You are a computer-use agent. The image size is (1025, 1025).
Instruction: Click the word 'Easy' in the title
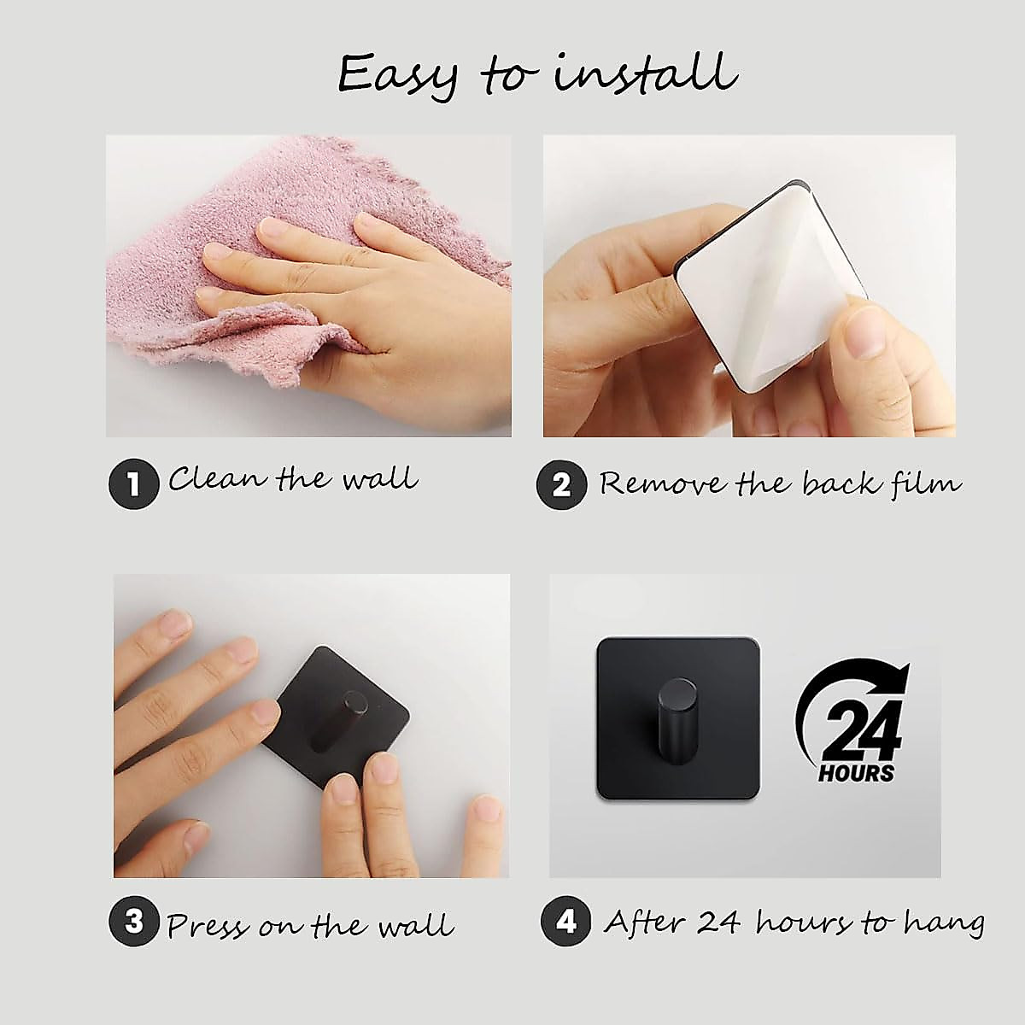click(397, 75)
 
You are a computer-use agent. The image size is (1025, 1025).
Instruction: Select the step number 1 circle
click(133, 484)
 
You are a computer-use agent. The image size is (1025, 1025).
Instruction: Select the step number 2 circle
click(561, 484)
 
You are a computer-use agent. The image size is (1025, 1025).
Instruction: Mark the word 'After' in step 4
click(646, 922)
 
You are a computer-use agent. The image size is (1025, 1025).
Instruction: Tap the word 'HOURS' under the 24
click(857, 774)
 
